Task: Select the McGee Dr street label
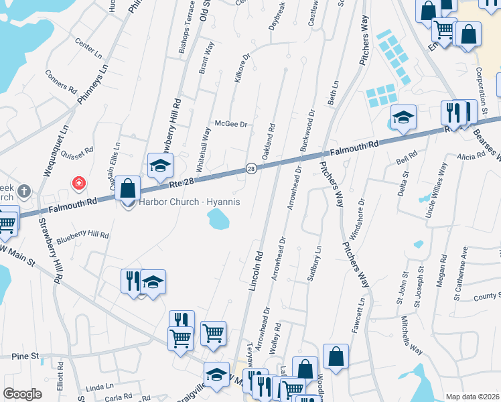coord(231,124)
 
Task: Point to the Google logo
coord(22,393)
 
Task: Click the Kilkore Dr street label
coord(241,70)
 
